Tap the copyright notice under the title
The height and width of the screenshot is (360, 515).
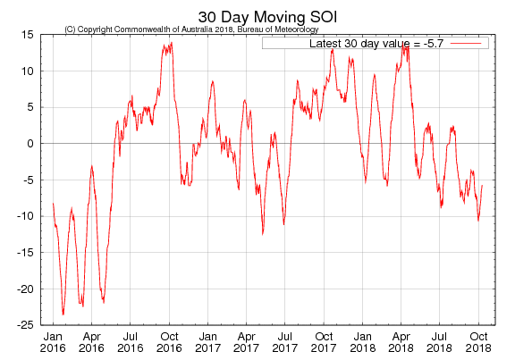coord(191,29)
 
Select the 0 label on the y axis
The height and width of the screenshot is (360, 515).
coord(31,143)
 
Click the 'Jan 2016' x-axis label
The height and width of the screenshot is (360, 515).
coord(54,341)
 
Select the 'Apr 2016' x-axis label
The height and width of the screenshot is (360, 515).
coord(91,341)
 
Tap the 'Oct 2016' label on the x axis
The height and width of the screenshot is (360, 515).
coord(169,341)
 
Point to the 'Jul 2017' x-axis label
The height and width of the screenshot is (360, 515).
coord(284,341)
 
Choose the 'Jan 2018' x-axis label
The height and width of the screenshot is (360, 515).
coord(362,341)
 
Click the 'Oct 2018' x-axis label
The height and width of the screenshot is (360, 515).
coord(478,341)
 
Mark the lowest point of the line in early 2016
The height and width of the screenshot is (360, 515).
coord(63,314)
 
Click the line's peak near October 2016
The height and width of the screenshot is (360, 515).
coord(172,42)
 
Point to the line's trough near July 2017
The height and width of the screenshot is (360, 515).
coord(283,223)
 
